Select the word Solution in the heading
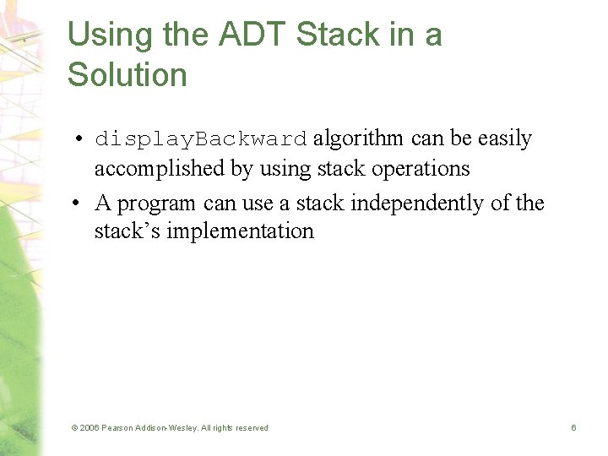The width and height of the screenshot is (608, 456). (x=127, y=75)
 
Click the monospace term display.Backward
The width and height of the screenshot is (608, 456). (x=201, y=139)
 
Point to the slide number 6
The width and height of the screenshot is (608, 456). (x=573, y=428)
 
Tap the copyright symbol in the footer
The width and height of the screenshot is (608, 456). (x=74, y=428)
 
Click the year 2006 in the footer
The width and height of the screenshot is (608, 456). (x=89, y=428)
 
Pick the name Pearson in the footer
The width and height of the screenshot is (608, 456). (x=117, y=428)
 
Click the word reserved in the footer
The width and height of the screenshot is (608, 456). (x=251, y=428)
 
